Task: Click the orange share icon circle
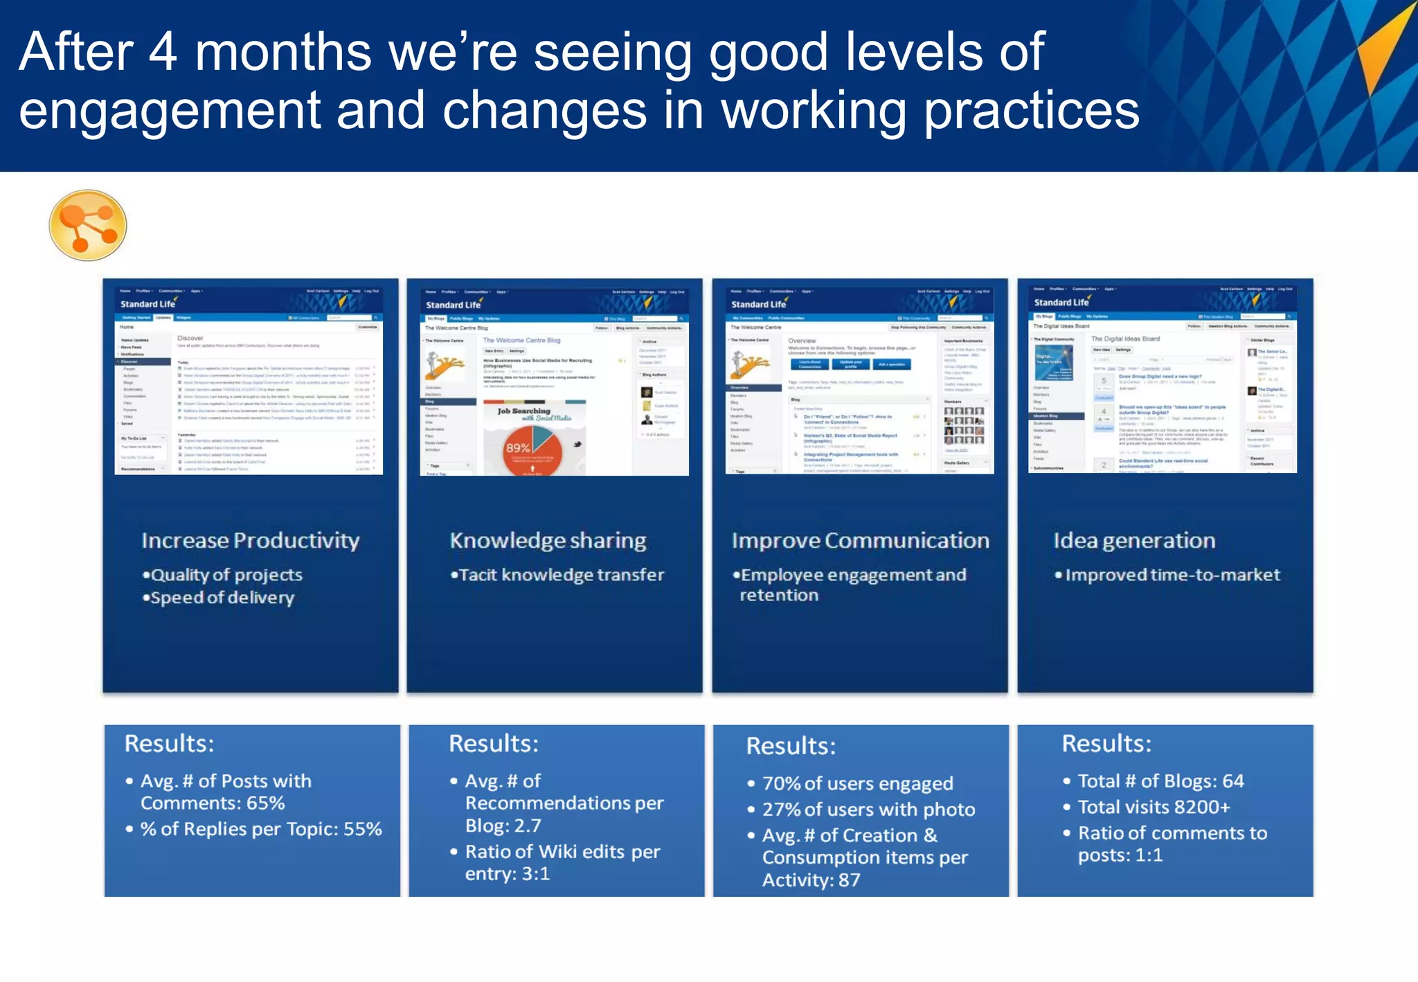click(x=88, y=225)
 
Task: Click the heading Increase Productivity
click(x=251, y=540)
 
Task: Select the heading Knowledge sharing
click(x=548, y=540)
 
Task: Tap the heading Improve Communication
click(x=860, y=540)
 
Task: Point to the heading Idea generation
click(x=1134, y=540)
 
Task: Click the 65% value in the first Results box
click(x=266, y=803)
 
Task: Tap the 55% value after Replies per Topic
click(x=363, y=829)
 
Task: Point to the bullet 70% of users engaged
click(x=857, y=783)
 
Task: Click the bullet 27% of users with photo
click(x=868, y=810)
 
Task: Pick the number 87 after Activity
click(x=849, y=880)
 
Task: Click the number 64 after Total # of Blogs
click(x=1232, y=781)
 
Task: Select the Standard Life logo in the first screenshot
click(x=147, y=304)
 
